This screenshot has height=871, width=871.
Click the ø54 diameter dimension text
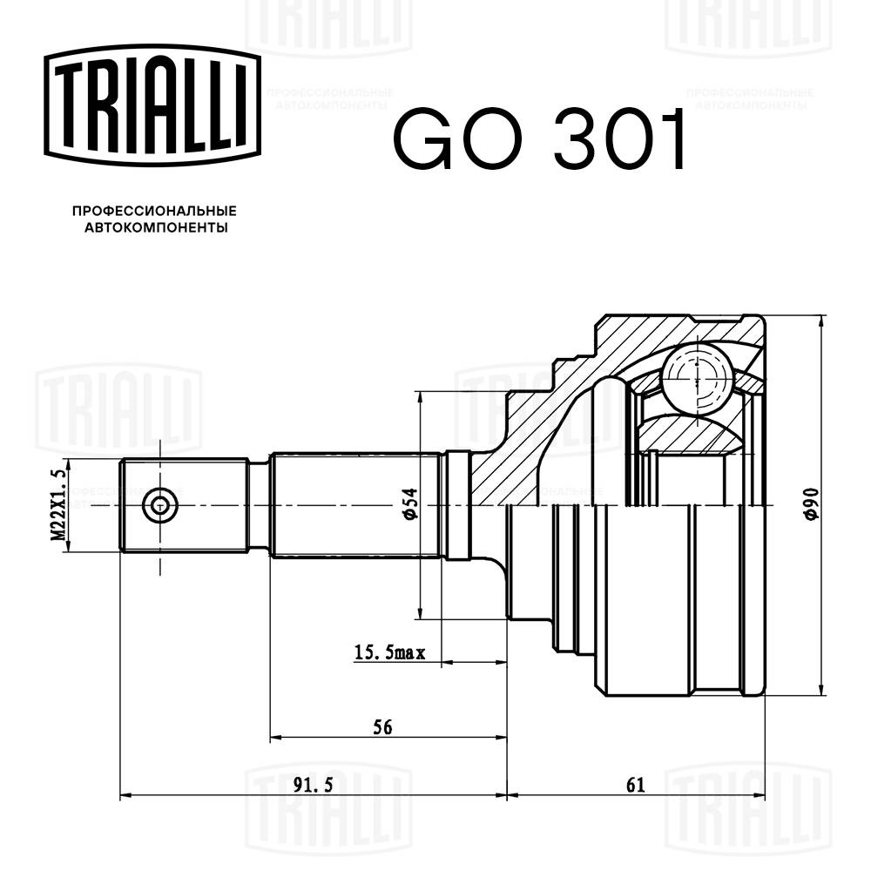click(x=409, y=505)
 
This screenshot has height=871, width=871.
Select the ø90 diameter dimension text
click(x=809, y=505)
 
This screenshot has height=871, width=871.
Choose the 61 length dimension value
click(x=635, y=785)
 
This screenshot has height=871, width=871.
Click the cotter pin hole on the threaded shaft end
click(x=159, y=505)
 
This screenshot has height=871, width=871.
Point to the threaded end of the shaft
click(x=183, y=505)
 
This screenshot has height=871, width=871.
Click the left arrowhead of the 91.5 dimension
click(x=125, y=795)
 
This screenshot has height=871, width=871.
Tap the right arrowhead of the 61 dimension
click(x=761, y=795)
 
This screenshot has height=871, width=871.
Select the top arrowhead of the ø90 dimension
click(x=821, y=320)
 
